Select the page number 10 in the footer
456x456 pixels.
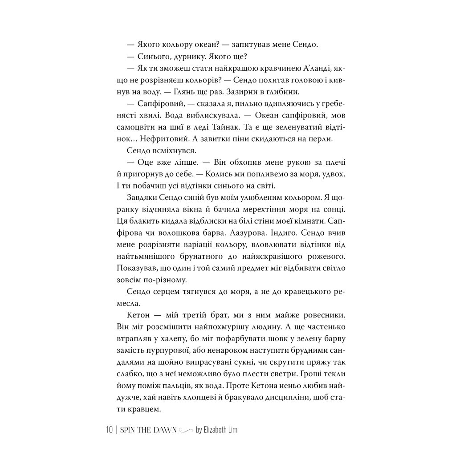tap(110, 430)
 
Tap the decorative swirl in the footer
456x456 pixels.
tap(186, 430)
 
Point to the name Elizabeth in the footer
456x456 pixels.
tap(216, 430)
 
